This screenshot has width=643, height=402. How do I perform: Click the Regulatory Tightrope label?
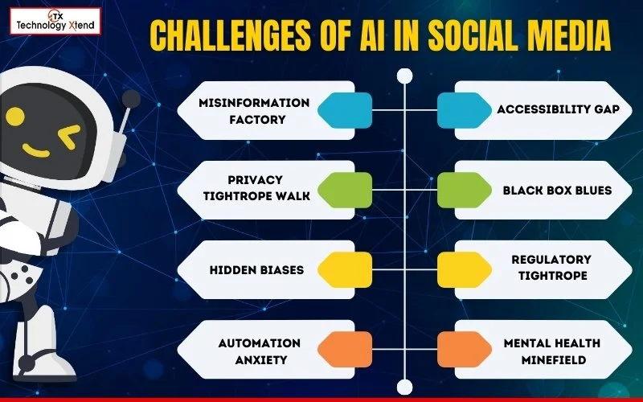pos(551,268)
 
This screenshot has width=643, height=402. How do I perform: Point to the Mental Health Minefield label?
pos(551,351)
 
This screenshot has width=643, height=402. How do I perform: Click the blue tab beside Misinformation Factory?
pos(345,110)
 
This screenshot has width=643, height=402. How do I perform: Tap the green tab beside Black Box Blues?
pos(465,191)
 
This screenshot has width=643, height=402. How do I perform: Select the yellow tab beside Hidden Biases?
pos(345,270)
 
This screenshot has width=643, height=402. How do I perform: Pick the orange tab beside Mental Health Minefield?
pos(465,351)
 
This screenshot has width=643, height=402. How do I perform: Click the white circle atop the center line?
pos(404,76)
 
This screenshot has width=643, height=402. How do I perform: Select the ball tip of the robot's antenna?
pos(131,99)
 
